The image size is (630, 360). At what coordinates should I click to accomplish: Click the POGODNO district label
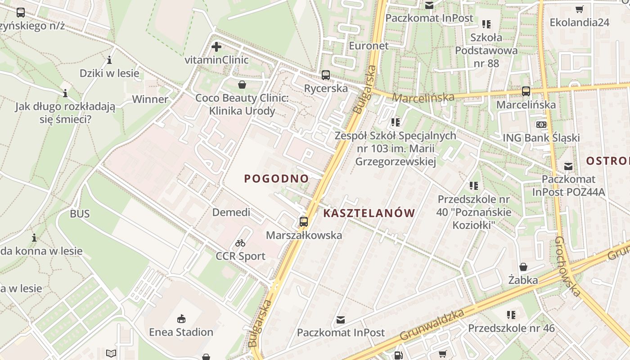tap(276, 179)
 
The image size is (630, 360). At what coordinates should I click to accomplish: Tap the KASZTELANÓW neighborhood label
tap(369, 213)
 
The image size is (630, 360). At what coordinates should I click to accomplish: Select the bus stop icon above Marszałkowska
tap(304, 221)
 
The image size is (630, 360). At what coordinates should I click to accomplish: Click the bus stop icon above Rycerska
tap(326, 75)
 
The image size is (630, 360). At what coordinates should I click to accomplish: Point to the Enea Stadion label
tap(181, 332)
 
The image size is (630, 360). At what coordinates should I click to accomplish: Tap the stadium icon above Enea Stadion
tap(181, 319)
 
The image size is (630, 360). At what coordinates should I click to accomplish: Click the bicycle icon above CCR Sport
tap(240, 243)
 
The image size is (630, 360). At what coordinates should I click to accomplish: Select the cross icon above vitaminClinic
tap(216, 46)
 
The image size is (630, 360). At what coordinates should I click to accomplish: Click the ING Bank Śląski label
tap(541, 138)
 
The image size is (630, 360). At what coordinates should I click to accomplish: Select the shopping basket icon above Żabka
tap(523, 267)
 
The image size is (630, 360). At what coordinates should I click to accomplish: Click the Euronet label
tap(369, 45)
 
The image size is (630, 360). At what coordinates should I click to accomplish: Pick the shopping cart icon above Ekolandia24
tap(580, 9)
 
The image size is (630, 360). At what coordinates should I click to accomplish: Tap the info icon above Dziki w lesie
tap(109, 60)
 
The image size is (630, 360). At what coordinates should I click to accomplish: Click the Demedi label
tap(231, 212)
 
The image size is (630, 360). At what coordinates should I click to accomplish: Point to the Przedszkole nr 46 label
tap(511, 328)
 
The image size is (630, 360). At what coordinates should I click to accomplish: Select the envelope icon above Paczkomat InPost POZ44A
tap(568, 166)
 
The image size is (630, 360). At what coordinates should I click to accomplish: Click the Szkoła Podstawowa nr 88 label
tap(486, 50)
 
